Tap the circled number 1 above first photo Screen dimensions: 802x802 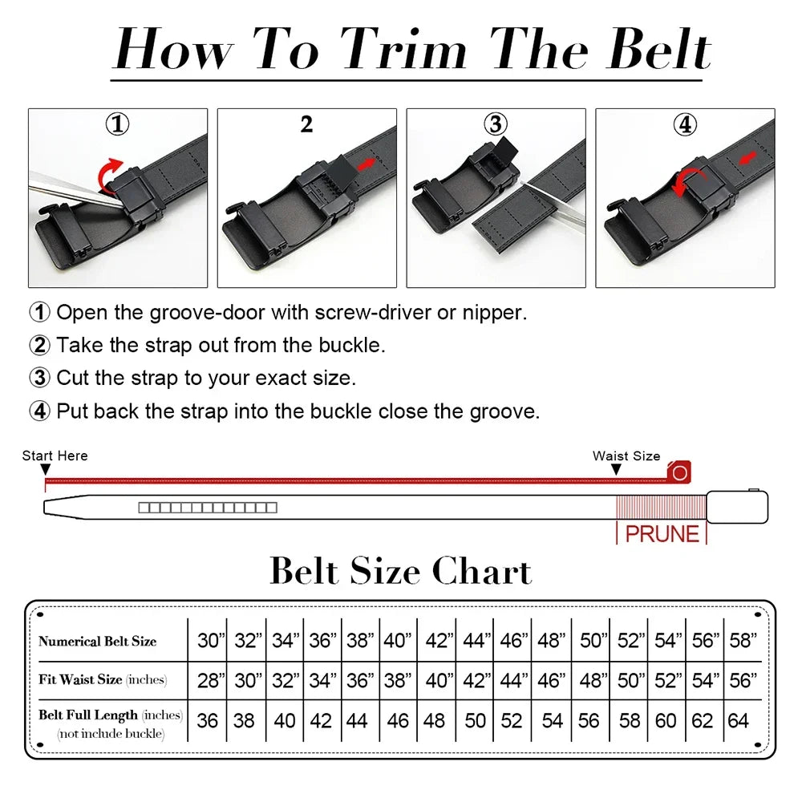pos(118,124)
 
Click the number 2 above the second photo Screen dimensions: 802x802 pos(306,124)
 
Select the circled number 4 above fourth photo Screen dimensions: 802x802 pos(685,124)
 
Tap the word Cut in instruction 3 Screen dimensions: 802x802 pos(72,378)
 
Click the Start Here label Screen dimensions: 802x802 pos(55,456)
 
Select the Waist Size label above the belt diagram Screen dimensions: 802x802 pos(626,456)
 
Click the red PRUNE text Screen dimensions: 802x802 pos(662,533)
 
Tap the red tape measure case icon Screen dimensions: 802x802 pos(679,472)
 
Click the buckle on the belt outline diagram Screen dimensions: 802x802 pos(737,507)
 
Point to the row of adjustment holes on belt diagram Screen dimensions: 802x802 pos(207,508)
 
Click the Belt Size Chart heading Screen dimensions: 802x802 pos(400,571)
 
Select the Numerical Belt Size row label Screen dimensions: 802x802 pos(97,641)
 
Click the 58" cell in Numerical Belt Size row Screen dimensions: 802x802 pos(743,640)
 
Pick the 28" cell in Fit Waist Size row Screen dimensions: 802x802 pos(211,680)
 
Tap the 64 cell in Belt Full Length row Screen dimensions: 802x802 pos(739,720)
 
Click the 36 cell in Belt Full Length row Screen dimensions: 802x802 pos(208,720)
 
